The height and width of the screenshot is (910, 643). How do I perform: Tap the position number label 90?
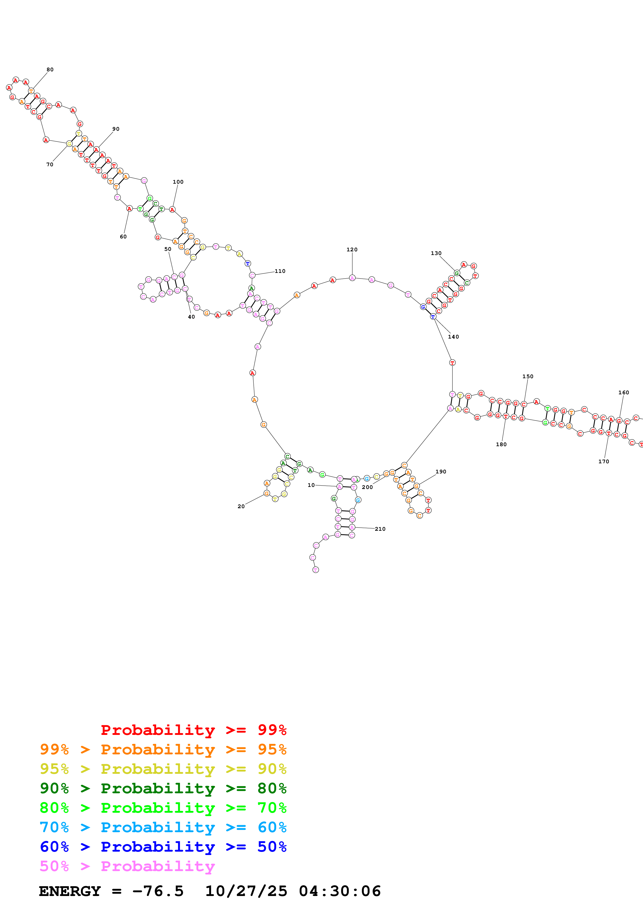(x=116, y=129)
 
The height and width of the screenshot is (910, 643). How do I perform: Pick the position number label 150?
(x=528, y=376)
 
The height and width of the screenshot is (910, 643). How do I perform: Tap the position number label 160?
(x=624, y=393)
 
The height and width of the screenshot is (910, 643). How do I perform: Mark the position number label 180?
(x=501, y=445)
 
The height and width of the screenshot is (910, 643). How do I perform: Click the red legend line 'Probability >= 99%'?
(x=193, y=730)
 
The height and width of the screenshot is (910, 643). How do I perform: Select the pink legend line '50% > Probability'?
(x=127, y=866)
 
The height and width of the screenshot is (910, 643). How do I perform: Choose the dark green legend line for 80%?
(x=163, y=788)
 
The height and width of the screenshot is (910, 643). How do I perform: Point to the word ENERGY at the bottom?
(x=70, y=891)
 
